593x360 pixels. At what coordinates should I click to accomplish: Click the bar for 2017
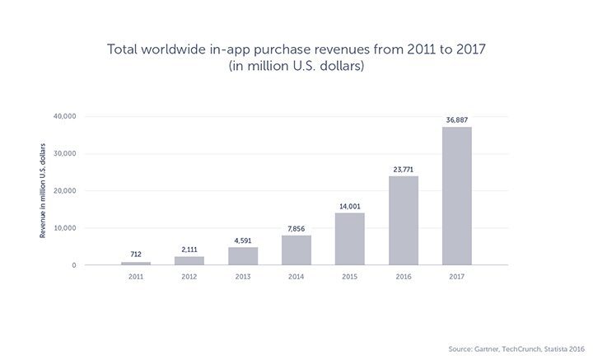[456, 196]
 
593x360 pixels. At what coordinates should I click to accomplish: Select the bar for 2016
[403, 220]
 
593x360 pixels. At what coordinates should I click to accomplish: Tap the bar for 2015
[349, 239]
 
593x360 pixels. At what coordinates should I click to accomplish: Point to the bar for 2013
[243, 256]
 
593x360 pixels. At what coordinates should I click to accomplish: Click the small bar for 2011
[136, 263]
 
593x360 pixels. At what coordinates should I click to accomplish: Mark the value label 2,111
[189, 249]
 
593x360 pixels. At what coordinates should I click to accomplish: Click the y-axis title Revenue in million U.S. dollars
[42, 190]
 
